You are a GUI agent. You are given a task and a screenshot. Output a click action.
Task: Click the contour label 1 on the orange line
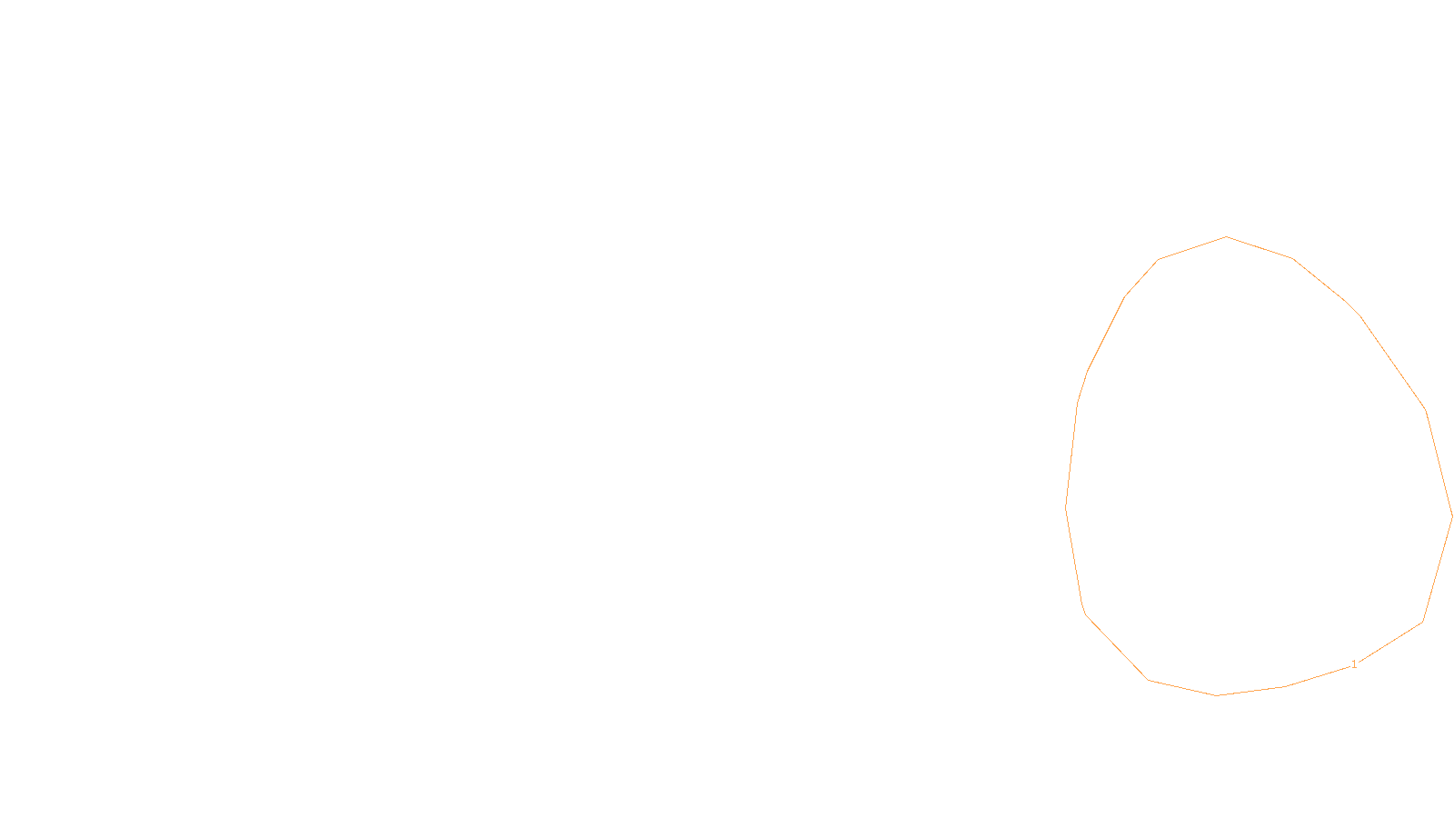1354,664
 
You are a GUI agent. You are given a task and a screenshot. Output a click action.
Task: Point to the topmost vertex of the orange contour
1226,236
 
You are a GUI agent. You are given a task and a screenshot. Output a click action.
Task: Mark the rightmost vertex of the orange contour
1452,516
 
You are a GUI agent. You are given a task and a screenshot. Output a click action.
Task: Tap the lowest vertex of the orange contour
1217,695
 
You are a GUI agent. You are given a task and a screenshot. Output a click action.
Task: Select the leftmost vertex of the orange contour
1066,506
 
